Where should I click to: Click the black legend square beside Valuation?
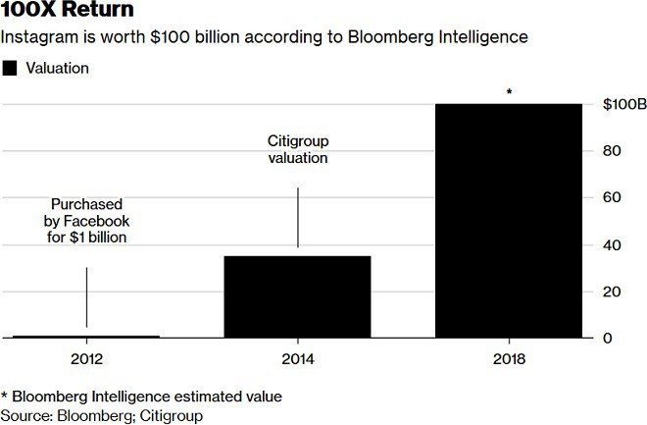coord(12,69)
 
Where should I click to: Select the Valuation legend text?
coord(57,69)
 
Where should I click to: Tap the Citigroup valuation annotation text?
coord(297,148)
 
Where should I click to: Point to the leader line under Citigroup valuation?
coord(298,218)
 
